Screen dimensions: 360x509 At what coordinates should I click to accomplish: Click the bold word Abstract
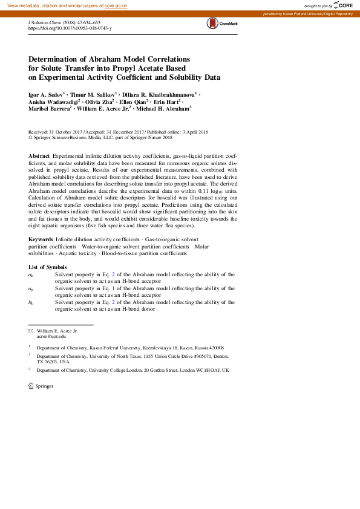[x=39, y=156]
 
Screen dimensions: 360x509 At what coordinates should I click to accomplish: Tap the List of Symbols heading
[x=48, y=267]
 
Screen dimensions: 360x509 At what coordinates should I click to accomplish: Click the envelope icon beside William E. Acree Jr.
[x=31, y=331]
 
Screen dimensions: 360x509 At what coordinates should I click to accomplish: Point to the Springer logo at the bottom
[x=41, y=386]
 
